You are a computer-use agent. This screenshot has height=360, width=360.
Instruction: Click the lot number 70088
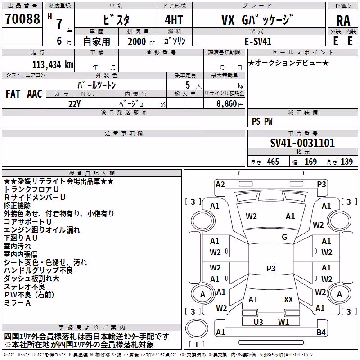22,18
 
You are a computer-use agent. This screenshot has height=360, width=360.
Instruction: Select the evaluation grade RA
343,21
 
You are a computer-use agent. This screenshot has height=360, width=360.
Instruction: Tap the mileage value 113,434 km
53,65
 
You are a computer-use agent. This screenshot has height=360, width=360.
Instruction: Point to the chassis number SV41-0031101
302,143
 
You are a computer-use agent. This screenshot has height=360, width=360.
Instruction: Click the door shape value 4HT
174,20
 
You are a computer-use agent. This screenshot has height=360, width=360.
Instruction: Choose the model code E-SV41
258,41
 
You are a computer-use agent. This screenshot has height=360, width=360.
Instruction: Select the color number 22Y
74,104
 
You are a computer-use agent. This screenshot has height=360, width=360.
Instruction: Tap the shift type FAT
13,94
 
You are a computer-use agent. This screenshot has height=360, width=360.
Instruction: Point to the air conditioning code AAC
35,94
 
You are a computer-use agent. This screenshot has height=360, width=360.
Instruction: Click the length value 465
273,162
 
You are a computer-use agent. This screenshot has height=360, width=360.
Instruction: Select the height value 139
346,162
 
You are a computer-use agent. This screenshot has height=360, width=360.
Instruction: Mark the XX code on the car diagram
288,300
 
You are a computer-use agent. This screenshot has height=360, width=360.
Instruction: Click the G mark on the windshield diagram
284,237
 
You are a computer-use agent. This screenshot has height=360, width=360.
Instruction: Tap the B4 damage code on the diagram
321,332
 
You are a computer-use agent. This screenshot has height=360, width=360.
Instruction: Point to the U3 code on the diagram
258,322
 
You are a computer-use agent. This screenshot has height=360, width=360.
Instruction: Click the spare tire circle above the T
197,328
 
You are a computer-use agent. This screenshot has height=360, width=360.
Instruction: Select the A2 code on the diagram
220,184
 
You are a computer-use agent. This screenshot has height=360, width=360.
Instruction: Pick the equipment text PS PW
262,121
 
